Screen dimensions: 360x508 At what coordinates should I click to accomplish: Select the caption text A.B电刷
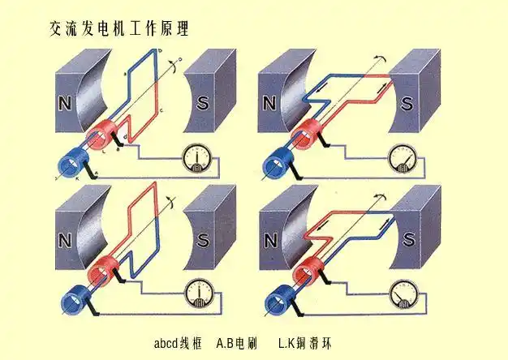(237, 344)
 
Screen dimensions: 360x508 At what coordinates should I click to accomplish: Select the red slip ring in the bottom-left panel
(98, 271)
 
